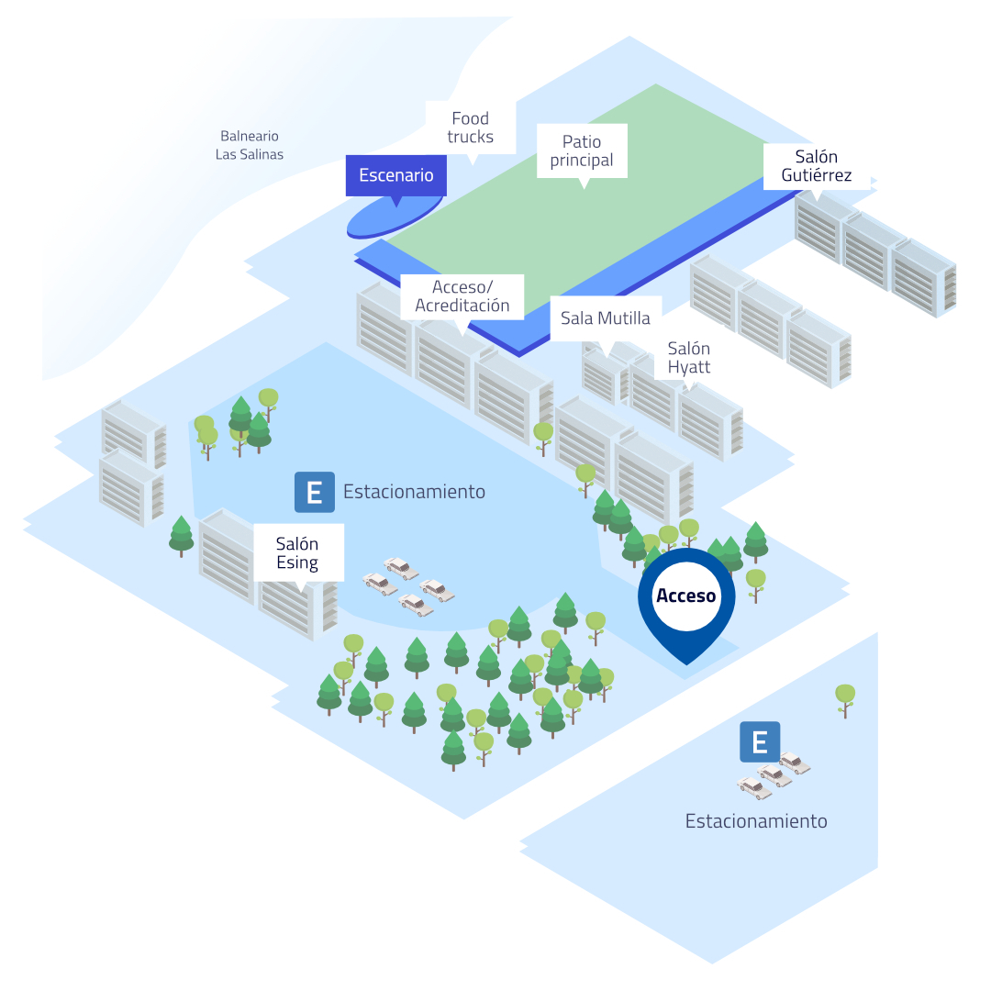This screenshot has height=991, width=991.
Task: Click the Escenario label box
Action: click(396, 175)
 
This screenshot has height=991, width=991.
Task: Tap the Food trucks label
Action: click(470, 127)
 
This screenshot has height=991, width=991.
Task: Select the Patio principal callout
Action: click(582, 150)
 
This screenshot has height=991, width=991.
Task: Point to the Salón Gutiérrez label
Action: click(817, 165)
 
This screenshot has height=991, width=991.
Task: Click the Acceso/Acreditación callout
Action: click(462, 296)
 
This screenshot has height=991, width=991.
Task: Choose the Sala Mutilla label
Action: click(606, 317)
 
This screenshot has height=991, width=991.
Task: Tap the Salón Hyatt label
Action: click(689, 358)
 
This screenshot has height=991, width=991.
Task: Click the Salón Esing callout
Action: click(298, 552)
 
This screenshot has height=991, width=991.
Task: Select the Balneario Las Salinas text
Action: click(249, 145)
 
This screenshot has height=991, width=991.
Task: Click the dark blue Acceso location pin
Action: click(686, 604)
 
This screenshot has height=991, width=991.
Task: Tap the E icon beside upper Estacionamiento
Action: click(315, 492)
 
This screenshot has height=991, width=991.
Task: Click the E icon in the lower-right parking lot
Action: click(760, 742)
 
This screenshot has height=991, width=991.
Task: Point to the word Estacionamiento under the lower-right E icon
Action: click(756, 821)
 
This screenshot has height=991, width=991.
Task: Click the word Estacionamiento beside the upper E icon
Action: click(414, 492)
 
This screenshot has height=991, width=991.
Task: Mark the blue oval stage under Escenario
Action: click(394, 217)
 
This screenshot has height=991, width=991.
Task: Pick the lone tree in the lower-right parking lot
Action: click(845, 700)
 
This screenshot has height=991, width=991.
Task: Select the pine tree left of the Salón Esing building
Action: click(182, 536)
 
